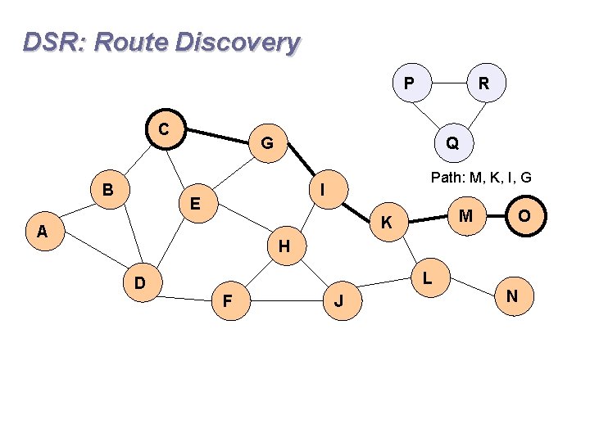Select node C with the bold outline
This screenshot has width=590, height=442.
[x=165, y=129]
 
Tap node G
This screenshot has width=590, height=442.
[x=266, y=144]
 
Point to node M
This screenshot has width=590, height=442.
[x=465, y=216]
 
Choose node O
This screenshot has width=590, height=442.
[x=523, y=216]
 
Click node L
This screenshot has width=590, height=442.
[x=428, y=277]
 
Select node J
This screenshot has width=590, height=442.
[x=338, y=301]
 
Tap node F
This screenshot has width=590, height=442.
[x=227, y=301]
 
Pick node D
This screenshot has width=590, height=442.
[x=140, y=282]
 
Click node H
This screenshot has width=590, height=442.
[x=284, y=245]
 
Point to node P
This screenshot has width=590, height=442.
[x=408, y=83]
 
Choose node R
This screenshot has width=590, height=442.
[x=483, y=83]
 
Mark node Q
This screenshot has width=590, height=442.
[x=452, y=143]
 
